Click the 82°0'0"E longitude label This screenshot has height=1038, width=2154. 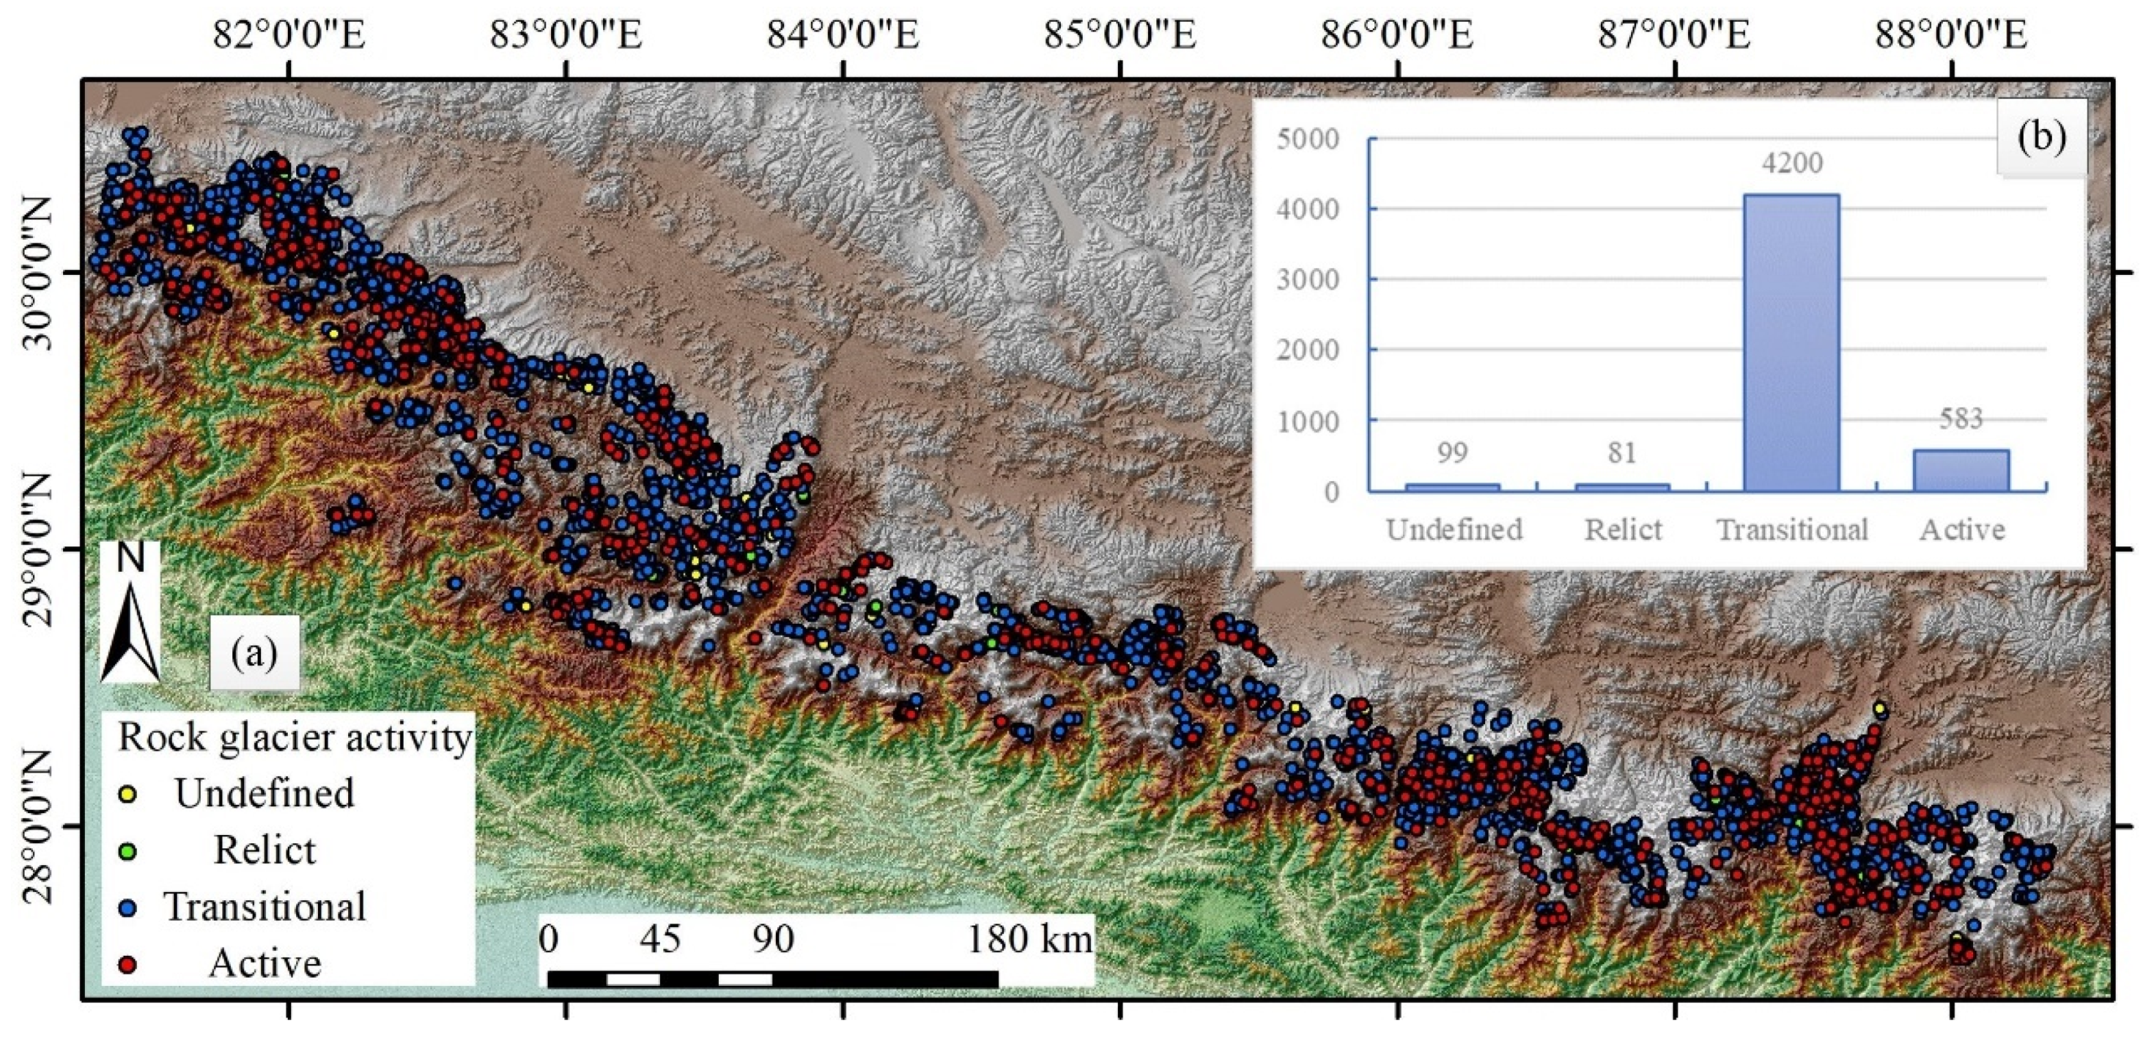pyautogui.click(x=289, y=36)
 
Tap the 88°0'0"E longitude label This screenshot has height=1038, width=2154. pyautogui.click(x=1951, y=36)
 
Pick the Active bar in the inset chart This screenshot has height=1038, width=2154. pyautogui.click(x=1961, y=470)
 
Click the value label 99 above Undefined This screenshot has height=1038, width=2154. pyautogui.click(x=1452, y=452)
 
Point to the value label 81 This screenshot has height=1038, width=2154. pyautogui.click(x=1621, y=452)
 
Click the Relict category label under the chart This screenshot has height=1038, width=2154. pyautogui.click(x=1623, y=529)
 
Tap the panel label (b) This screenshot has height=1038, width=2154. pyautogui.click(x=2041, y=137)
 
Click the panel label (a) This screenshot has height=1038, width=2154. pyautogui.click(x=254, y=653)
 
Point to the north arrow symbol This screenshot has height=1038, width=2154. pyautogui.click(x=130, y=615)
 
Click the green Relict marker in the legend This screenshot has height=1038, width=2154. pyautogui.click(x=129, y=851)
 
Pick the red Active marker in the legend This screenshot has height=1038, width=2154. pyautogui.click(x=129, y=963)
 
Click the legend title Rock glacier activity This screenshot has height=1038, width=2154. pyautogui.click(x=294, y=738)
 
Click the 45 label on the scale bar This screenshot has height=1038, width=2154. pyautogui.click(x=661, y=939)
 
